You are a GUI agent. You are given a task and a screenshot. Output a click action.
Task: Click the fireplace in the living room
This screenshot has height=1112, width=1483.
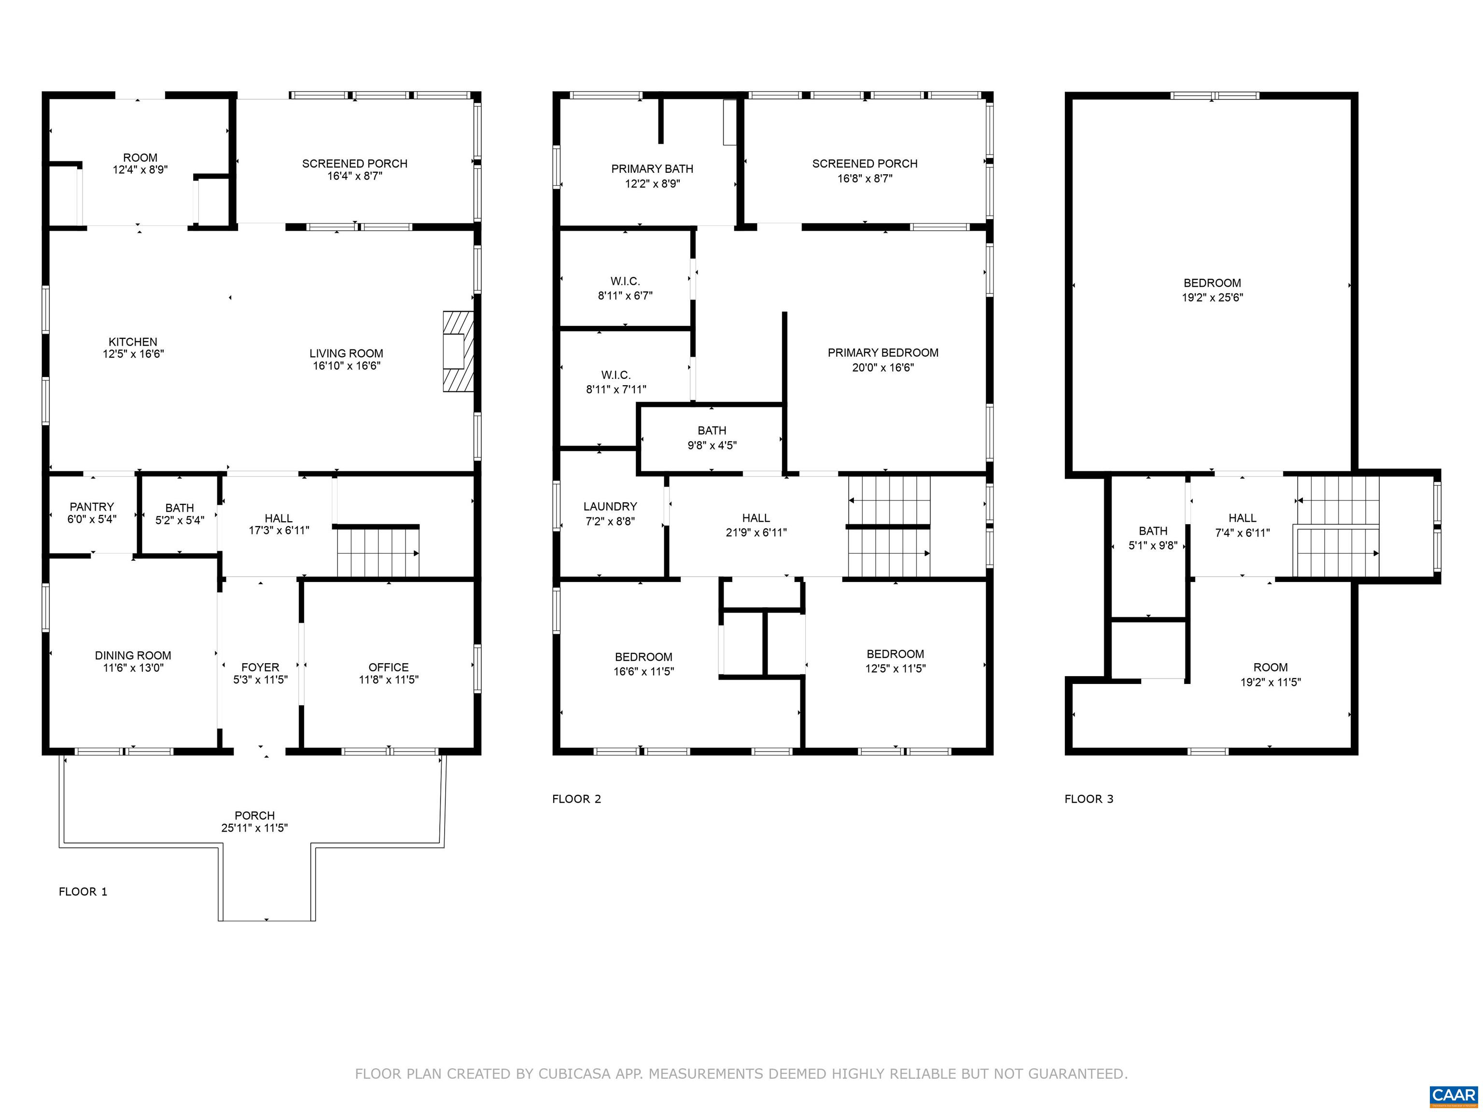(x=459, y=351)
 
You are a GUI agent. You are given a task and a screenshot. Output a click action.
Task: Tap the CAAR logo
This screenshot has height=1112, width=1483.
(x=1454, y=1095)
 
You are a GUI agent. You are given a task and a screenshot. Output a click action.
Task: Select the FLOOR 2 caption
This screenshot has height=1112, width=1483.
(x=576, y=799)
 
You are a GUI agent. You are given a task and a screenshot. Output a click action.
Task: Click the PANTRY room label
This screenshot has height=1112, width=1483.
(x=92, y=507)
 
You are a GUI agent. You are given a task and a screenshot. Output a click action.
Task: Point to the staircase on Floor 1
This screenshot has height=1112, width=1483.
(x=378, y=552)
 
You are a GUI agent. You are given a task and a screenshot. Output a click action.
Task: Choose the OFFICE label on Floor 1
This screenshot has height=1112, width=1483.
(x=388, y=667)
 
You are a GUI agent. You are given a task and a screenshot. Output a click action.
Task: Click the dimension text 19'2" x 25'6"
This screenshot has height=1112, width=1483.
(x=1212, y=298)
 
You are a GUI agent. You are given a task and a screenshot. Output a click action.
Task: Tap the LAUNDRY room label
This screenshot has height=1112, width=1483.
(x=610, y=507)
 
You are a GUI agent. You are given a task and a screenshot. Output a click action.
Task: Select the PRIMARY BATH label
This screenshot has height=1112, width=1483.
(x=652, y=169)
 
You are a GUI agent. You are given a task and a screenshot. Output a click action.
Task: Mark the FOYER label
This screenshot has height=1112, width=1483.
(x=260, y=667)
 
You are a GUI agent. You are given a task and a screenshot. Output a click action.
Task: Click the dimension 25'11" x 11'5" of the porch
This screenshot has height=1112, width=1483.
(x=255, y=828)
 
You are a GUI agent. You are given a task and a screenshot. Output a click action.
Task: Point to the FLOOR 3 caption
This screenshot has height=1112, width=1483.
(x=1089, y=799)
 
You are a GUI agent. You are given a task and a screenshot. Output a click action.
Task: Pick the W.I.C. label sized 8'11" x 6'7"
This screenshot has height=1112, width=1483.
(x=626, y=281)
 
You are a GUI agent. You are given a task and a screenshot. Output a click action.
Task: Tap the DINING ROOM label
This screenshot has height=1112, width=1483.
(x=133, y=655)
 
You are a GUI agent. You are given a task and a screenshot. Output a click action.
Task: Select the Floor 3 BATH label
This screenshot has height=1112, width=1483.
(x=1153, y=531)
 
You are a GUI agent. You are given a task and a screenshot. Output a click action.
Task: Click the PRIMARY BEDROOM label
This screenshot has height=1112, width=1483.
(x=883, y=353)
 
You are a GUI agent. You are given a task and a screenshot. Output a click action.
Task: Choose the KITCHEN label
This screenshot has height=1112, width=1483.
(x=133, y=342)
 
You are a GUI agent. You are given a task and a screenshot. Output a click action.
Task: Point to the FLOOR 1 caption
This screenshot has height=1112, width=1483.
(x=83, y=891)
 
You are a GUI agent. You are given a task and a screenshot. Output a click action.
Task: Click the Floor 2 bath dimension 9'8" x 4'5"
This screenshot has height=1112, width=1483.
(x=712, y=445)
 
